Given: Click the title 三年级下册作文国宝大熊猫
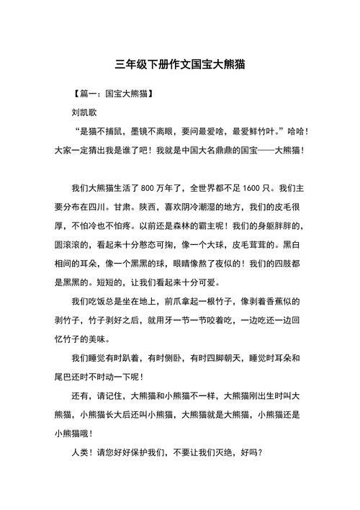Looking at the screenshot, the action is (180, 63).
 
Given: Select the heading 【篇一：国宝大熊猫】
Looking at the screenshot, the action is (112, 94).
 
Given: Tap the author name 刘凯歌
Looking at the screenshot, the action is (86, 113).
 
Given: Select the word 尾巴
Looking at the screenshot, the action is (66, 376).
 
